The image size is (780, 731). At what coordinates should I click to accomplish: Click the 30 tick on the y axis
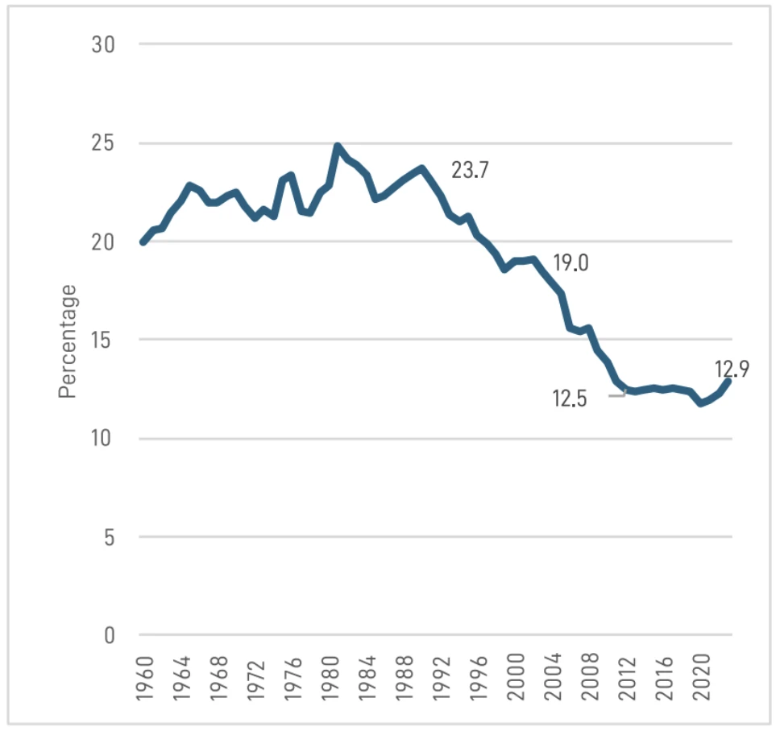(x=103, y=44)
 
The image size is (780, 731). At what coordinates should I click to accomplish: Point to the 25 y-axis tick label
(x=103, y=143)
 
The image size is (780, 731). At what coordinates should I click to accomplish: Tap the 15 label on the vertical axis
(x=101, y=341)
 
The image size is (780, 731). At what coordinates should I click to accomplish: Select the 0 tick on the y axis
(x=110, y=635)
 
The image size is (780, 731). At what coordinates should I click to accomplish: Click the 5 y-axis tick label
(x=110, y=537)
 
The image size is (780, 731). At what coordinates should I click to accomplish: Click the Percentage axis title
(x=67, y=341)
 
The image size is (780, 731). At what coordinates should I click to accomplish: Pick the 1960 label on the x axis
(x=145, y=679)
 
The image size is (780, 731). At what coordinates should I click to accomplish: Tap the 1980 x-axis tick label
(x=331, y=679)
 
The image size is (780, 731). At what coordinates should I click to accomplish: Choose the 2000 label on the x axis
(x=517, y=679)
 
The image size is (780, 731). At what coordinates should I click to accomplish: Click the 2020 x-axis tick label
(x=703, y=679)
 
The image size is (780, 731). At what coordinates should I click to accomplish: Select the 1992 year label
(x=442, y=679)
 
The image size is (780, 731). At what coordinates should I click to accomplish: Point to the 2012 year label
(x=628, y=679)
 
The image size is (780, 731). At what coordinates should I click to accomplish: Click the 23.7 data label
(x=470, y=170)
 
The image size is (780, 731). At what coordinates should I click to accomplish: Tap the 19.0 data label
(x=571, y=262)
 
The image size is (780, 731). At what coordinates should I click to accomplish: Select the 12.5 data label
(x=570, y=399)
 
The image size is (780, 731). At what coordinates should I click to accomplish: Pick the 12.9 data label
(x=732, y=369)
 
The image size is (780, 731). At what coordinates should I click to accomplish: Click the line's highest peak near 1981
(x=338, y=146)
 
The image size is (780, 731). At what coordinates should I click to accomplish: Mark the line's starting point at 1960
(x=143, y=242)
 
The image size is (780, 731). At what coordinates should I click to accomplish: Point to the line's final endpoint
(x=728, y=382)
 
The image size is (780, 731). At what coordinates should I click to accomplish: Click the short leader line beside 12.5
(x=617, y=395)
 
